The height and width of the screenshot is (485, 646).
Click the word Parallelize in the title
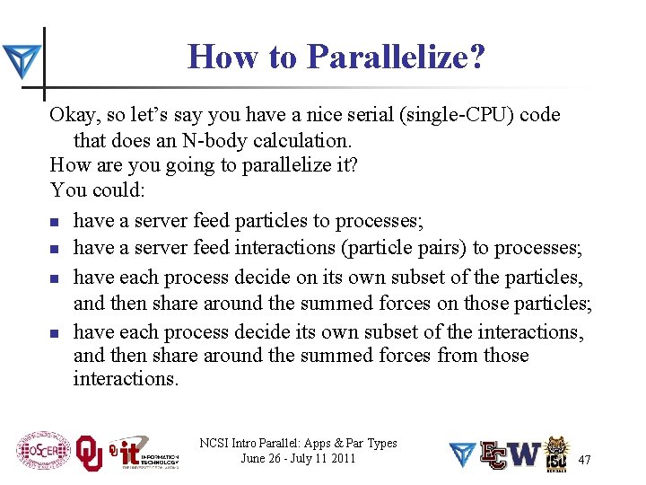pyautogui.click(x=395, y=57)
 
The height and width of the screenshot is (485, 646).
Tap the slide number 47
pyautogui.click(x=584, y=460)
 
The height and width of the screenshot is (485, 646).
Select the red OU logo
pyautogui.click(x=89, y=453)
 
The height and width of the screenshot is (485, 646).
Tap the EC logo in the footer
pyautogui.click(x=493, y=454)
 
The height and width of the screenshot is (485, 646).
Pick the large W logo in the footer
pyautogui.click(x=526, y=454)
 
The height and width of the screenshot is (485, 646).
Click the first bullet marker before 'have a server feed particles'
pyautogui.click(x=55, y=222)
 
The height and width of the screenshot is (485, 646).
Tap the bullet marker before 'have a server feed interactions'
pyautogui.click(x=55, y=249)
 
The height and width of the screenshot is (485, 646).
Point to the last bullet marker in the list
pyautogui.click(x=55, y=333)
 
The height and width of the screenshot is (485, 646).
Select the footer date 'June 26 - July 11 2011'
pyautogui.click(x=299, y=459)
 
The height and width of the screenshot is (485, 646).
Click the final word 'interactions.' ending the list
pyautogui.click(x=127, y=379)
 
